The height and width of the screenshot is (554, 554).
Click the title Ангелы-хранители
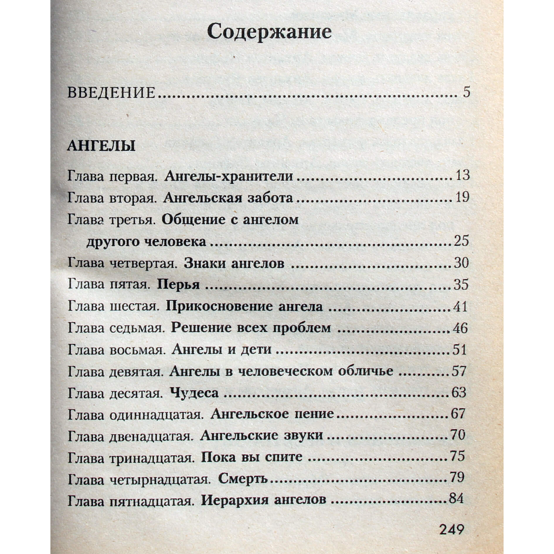click(229, 176)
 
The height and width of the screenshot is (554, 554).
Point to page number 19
click(462, 197)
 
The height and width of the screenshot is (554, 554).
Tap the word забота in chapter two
click(270, 198)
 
